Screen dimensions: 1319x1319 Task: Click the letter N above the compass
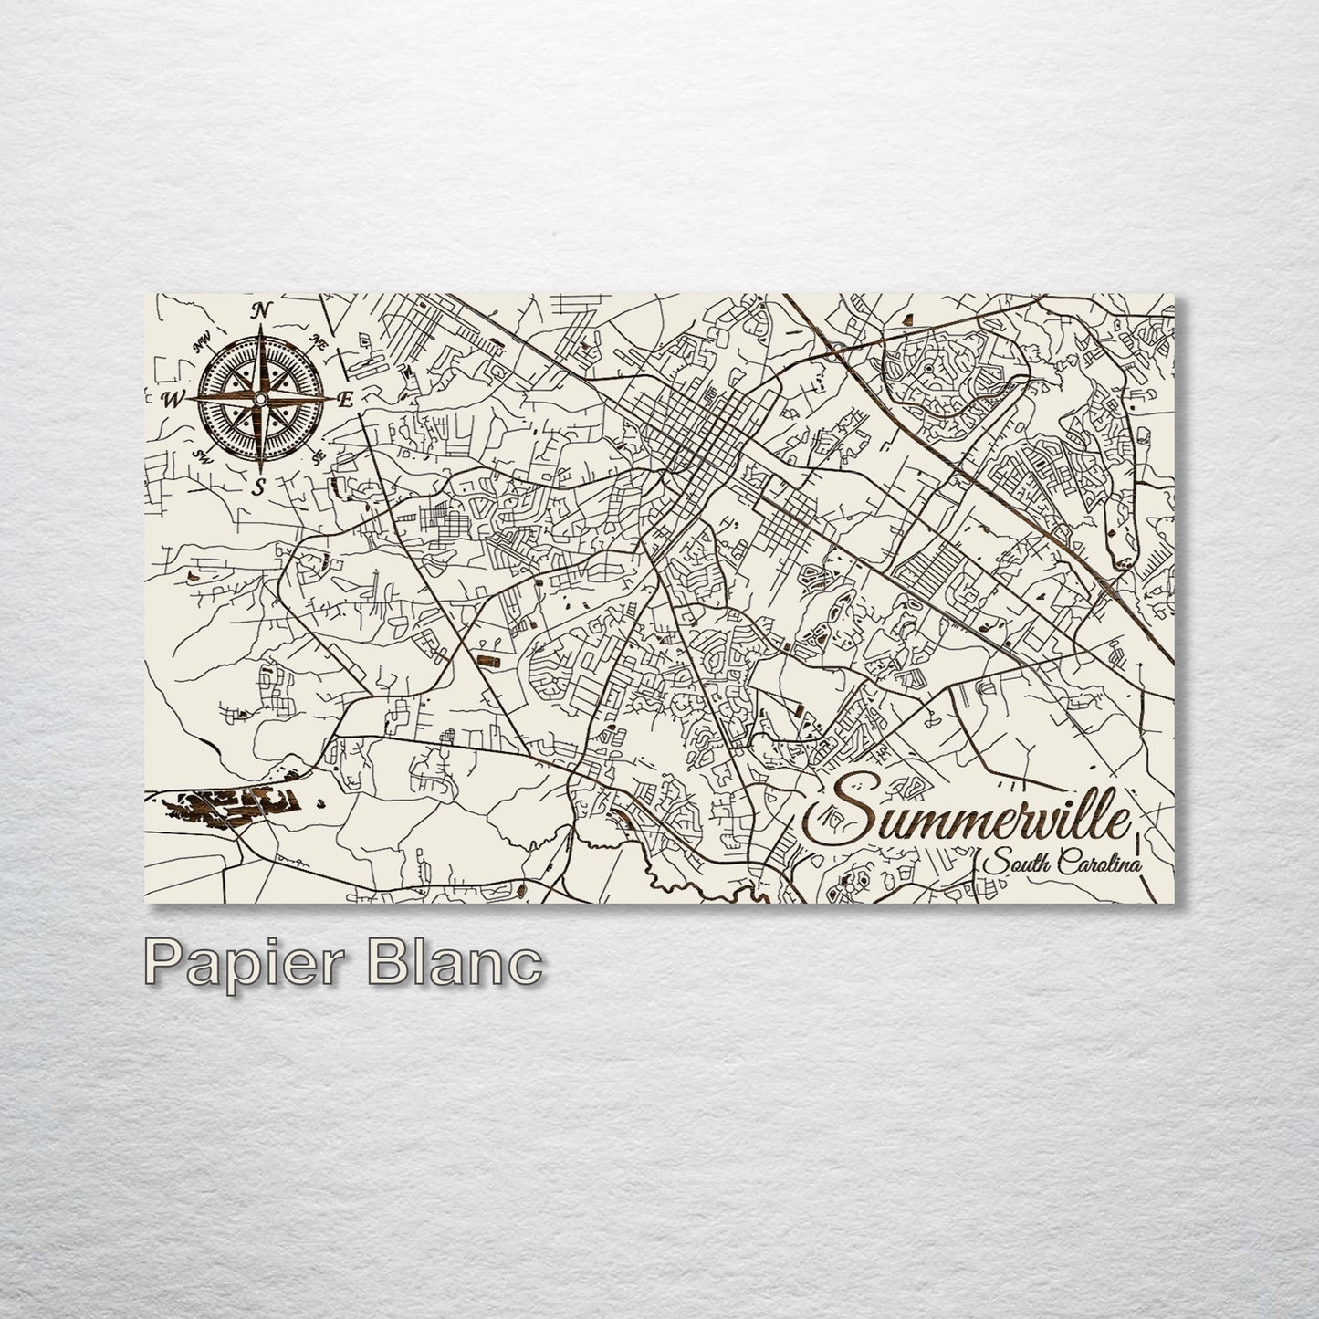click(261, 310)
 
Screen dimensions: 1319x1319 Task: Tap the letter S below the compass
click(259, 486)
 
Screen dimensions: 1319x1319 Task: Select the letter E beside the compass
click(345, 399)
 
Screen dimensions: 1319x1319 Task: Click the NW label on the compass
click(202, 344)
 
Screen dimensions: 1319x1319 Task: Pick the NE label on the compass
click(319, 343)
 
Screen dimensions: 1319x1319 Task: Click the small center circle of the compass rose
click(260, 399)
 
